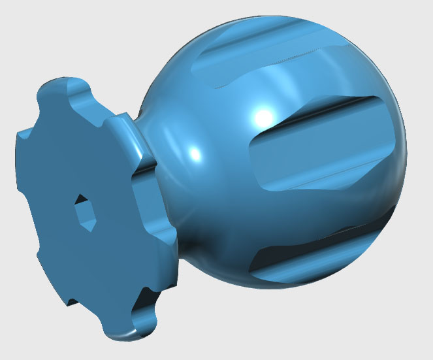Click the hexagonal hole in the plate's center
point(82,210)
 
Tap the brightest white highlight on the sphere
point(263,117)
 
